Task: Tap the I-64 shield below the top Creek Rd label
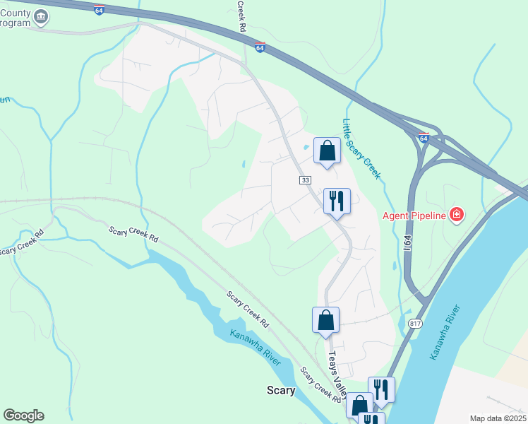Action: [260, 47]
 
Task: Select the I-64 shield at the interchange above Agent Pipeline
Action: [423, 138]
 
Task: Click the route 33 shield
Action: [305, 180]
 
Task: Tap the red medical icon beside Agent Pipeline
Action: [457, 213]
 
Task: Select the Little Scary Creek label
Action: [361, 148]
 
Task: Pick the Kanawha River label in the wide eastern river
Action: [445, 333]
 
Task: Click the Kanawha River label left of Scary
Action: [255, 348]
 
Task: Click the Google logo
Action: [23, 416]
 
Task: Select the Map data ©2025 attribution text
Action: [497, 418]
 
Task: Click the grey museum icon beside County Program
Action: [41, 16]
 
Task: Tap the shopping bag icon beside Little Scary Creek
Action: [327, 151]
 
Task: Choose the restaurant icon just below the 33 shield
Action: [337, 201]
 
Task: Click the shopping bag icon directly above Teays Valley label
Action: [325, 319]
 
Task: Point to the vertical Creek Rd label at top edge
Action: [241, 14]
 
